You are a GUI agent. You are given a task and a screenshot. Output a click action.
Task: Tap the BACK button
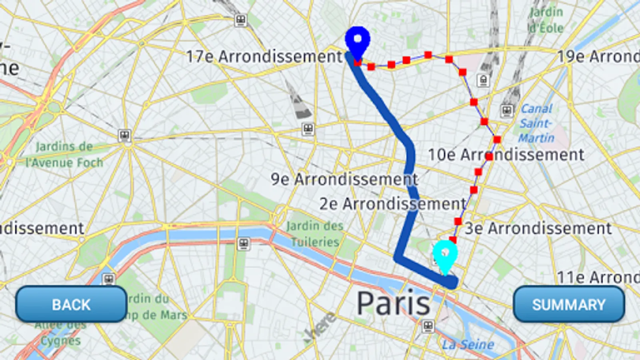71,304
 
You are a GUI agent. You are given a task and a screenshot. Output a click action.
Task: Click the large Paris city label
393,304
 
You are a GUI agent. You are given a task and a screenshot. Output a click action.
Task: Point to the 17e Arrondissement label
264,56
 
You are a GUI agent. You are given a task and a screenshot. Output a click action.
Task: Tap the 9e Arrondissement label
344,179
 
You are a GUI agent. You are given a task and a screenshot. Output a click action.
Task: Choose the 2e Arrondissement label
392,204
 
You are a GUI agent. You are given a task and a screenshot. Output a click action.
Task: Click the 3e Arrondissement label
538,228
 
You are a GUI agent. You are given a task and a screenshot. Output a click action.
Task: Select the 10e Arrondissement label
506,155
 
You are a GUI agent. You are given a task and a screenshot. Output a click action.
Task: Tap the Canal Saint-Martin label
536,123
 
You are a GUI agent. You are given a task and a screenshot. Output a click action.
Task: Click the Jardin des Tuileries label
315,234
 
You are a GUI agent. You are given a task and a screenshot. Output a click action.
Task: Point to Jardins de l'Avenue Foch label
64,155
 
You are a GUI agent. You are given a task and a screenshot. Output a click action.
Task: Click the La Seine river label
468,344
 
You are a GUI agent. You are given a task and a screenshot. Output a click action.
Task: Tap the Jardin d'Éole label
546,20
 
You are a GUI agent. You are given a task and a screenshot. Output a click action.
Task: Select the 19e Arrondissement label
598,56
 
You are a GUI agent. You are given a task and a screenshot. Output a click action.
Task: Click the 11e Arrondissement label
598,277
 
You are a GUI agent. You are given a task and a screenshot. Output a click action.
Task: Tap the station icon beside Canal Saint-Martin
506,110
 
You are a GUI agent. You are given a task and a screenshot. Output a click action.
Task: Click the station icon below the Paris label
428,326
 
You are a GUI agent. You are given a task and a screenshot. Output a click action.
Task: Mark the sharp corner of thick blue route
398,258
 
